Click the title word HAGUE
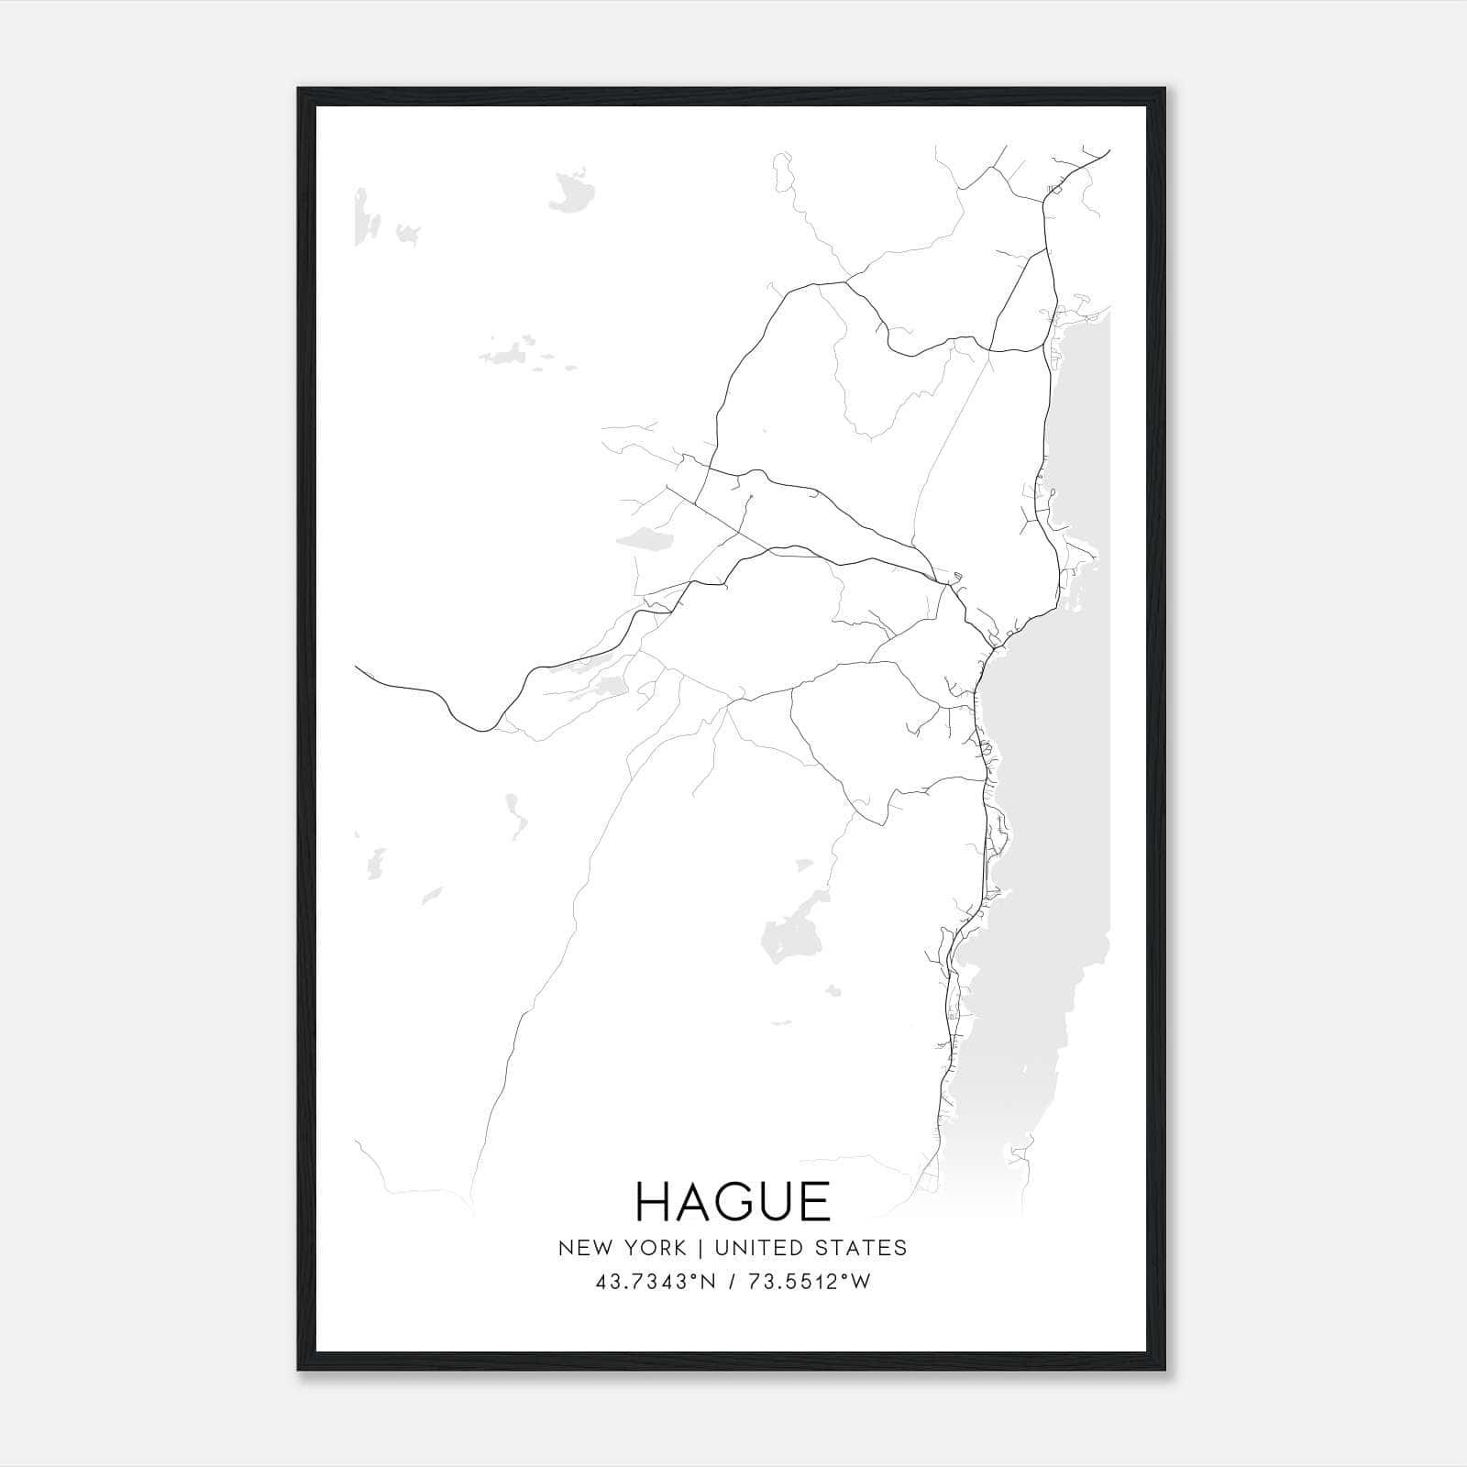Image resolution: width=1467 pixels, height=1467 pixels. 733,1201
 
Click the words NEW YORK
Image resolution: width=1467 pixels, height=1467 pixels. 622,1248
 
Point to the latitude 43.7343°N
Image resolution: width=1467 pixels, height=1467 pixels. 655,1282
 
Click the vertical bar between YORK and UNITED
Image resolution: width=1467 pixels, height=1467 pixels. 700,1248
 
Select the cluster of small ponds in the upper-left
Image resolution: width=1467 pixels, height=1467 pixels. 513,352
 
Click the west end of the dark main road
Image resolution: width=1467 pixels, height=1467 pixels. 358,668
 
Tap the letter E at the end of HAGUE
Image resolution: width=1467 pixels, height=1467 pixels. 813,1201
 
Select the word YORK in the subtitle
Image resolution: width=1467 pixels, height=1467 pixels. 657,1248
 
